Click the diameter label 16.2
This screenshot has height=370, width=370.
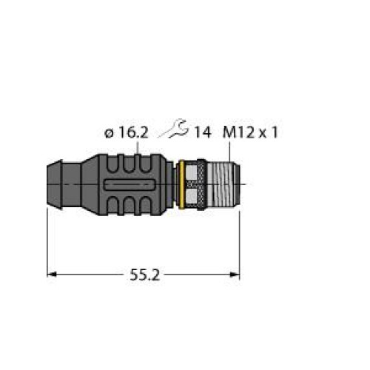pos(133,133)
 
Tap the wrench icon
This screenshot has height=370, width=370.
pos(174,128)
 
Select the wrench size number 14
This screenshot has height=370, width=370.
pos(203,133)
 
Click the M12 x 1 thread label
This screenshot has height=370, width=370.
pos(250,133)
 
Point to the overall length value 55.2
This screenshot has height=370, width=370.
pos(145,275)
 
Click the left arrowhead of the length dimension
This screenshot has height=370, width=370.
pos(52,275)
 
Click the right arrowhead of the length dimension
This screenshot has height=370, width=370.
pos(235,275)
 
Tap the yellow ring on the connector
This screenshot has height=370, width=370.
pos(181,185)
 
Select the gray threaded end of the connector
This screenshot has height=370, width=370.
pos(223,184)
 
